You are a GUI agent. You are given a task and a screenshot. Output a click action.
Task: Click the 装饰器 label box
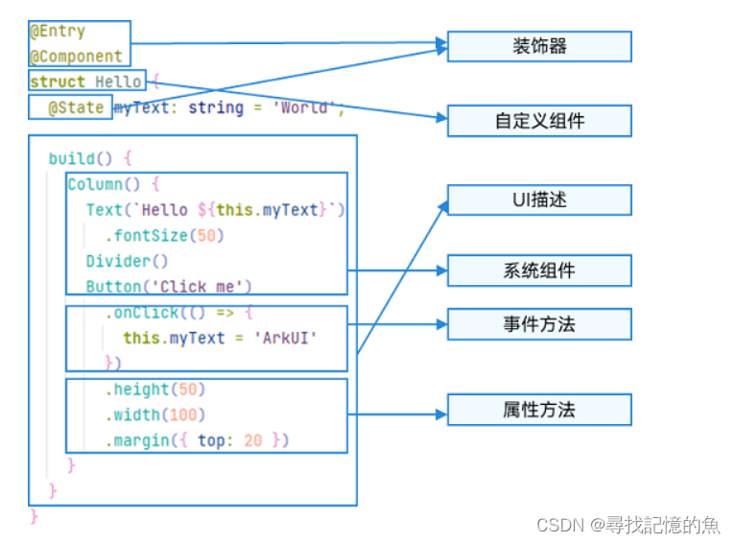tap(539, 46)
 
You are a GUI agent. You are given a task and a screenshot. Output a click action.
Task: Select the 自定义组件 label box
tap(539, 121)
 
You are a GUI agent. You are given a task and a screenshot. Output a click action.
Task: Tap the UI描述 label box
tap(539, 200)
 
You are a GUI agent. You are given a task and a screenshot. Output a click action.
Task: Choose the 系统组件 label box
tap(539, 271)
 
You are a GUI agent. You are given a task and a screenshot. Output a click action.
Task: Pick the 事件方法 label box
tap(539, 324)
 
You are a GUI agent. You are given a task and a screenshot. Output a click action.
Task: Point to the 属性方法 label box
tap(539, 410)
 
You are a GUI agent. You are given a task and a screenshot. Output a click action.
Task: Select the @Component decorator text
tap(77, 57)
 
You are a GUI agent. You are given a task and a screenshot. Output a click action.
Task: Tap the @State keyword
tap(76, 107)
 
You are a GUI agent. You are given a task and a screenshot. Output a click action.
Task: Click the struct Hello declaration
tap(86, 83)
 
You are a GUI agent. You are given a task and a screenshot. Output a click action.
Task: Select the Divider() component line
tap(127, 261)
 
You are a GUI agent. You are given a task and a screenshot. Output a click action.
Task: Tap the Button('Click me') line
tap(169, 286)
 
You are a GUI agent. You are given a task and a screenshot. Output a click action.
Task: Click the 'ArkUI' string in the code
tap(291, 338)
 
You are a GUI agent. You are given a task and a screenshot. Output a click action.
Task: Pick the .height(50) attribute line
tap(155, 390)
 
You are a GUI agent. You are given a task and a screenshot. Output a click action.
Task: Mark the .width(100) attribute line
tap(155, 414)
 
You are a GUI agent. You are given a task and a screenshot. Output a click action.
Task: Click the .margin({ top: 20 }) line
tap(197, 440)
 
